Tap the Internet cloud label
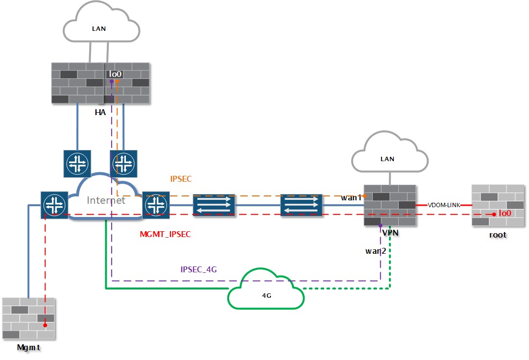(x=106, y=200)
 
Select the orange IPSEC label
(x=181, y=179)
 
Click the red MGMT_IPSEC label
(x=165, y=235)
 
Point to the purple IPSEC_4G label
(x=198, y=269)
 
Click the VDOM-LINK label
(x=444, y=205)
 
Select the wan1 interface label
(x=351, y=198)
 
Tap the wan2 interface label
(x=376, y=251)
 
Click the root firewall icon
(x=497, y=205)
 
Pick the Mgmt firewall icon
(x=28, y=318)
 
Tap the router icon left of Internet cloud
(x=54, y=205)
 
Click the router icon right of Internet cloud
(x=156, y=205)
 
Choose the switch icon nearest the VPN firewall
(x=302, y=205)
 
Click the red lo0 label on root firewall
(x=505, y=214)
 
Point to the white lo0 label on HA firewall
(x=115, y=74)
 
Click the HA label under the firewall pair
(x=100, y=113)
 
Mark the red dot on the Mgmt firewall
(x=45, y=325)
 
